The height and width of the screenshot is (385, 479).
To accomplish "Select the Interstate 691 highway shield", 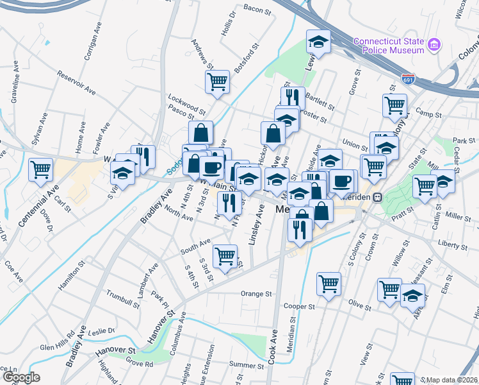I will coord(407,79).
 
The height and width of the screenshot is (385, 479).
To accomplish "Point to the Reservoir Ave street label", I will coord(76,84).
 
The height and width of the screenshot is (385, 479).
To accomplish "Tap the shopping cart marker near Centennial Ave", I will coord(42,169).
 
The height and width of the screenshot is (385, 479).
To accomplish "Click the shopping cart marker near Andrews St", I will coord(217,81).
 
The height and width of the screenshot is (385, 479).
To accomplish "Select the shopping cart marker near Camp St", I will coord(394,104).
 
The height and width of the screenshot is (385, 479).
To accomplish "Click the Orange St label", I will coord(256,294).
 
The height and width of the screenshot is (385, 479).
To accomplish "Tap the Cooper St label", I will coord(300,307).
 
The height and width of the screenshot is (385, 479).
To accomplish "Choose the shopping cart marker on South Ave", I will coord(225,256).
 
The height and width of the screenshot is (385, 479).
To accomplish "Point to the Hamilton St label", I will coord(72,275).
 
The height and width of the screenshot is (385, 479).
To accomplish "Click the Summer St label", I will coord(242,364).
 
